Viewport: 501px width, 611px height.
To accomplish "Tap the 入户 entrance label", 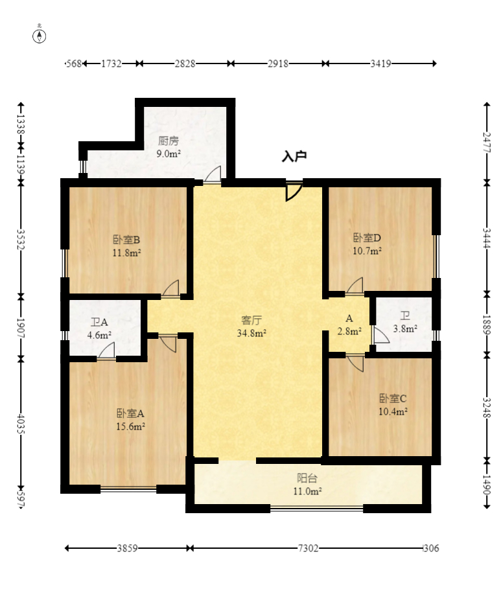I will click(x=294, y=156).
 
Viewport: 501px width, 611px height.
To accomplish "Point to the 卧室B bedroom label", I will click(x=127, y=238).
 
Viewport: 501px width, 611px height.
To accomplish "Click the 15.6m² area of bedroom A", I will click(x=131, y=426).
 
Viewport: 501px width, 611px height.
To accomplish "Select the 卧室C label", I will click(x=393, y=398).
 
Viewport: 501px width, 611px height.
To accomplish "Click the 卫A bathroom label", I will click(x=100, y=322).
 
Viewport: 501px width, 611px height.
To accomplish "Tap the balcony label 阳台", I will click(x=307, y=478).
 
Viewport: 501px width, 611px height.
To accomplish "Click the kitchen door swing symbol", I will click(x=212, y=176).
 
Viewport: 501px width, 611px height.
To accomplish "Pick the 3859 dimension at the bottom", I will click(x=126, y=548).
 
